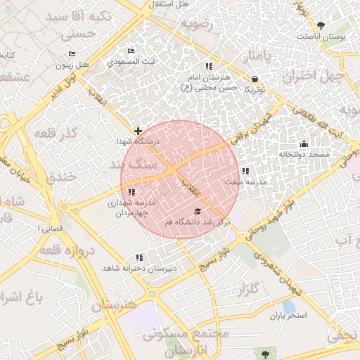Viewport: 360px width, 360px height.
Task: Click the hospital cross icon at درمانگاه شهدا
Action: click(x=139, y=131)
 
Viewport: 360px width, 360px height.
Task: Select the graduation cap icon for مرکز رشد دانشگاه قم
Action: click(x=198, y=212)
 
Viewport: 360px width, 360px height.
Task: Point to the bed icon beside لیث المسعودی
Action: click(x=131, y=51)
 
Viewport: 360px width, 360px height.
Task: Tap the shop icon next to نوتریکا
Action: click(x=254, y=79)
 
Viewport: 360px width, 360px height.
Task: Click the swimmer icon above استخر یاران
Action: click(x=289, y=306)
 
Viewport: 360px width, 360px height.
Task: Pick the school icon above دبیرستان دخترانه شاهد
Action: click(x=139, y=258)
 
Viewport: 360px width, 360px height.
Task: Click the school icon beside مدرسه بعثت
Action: click(x=245, y=171)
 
